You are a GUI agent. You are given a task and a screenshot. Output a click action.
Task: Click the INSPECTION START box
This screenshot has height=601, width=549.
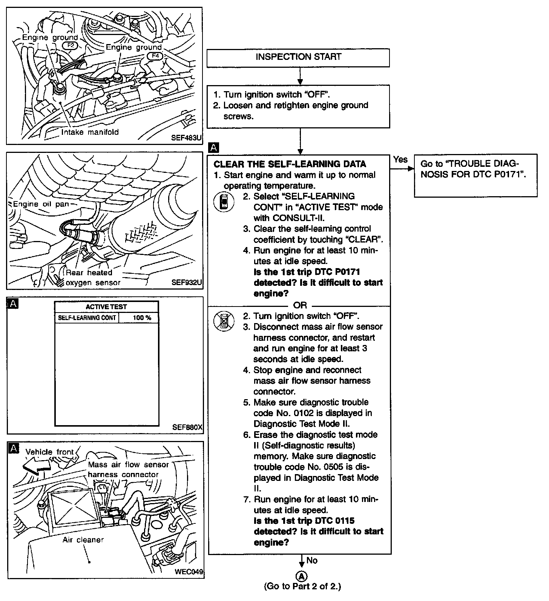point(298,57)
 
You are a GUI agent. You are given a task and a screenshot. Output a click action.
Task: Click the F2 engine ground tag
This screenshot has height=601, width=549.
point(71,46)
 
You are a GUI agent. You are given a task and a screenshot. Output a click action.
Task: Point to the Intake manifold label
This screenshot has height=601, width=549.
point(90,132)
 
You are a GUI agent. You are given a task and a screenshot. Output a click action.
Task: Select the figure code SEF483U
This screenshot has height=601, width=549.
point(186,138)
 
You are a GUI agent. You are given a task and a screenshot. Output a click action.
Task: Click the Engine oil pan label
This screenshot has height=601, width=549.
point(41,204)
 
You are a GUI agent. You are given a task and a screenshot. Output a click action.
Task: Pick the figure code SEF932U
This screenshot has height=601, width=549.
point(187,282)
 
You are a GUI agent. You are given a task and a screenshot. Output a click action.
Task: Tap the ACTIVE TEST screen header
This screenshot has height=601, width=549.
point(106,307)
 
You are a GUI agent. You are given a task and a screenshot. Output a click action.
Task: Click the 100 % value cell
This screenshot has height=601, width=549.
point(142,318)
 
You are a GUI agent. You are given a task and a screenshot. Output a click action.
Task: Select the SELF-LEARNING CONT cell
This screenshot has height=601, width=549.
point(87,318)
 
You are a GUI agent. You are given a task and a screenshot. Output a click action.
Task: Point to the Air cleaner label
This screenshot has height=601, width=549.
point(83,540)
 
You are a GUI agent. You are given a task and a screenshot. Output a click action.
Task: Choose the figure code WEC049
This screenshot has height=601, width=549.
point(189,572)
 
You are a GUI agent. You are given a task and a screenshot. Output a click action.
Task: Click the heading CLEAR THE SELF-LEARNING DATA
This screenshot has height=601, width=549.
point(290,164)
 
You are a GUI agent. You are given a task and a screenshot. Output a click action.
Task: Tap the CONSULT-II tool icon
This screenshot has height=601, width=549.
point(224,202)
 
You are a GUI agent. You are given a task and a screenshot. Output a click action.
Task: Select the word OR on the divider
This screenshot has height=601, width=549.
point(300,305)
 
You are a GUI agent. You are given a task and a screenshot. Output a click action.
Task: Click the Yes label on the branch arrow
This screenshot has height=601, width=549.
point(400,160)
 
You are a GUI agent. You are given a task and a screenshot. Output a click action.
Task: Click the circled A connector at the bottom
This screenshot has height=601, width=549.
point(301,576)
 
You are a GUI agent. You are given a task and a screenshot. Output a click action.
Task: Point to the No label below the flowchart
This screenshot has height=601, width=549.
point(312,561)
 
